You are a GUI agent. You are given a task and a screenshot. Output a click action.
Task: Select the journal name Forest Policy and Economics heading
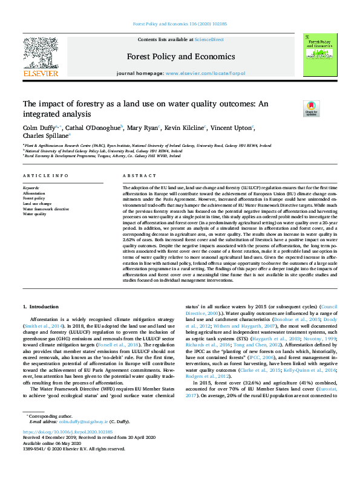(x=179, y=56)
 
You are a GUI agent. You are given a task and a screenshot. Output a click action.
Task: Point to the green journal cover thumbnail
(x=319, y=54)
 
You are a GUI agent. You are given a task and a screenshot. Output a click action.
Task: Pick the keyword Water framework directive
(x=46, y=209)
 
